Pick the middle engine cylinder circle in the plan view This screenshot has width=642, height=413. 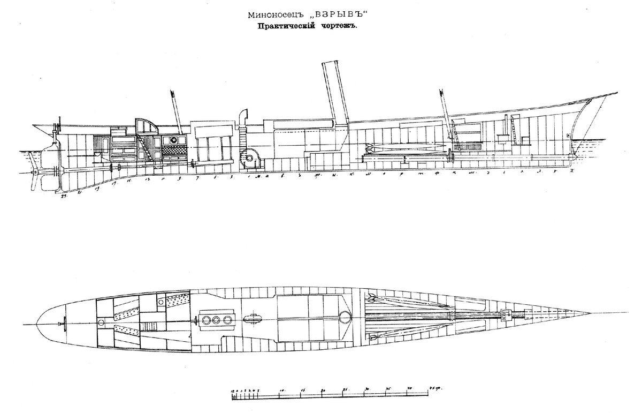coord(216,320)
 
